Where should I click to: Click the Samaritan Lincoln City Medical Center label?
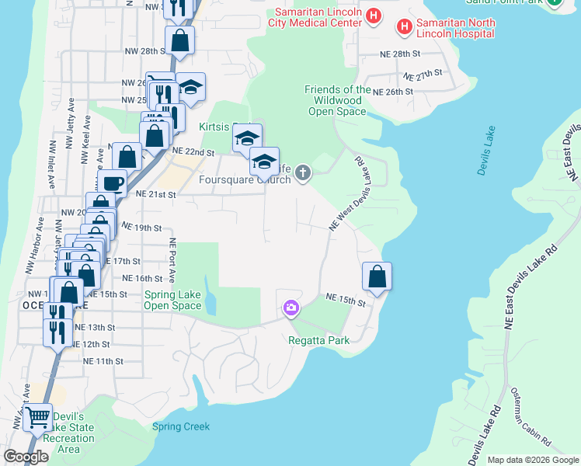(x=315, y=17)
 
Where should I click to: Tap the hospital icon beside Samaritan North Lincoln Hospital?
(x=405, y=28)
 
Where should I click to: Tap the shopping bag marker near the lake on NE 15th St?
(x=377, y=276)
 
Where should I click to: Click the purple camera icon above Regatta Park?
(x=290, y=308)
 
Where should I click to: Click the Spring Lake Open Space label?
(x=172, y=300)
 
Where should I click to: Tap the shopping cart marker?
(x=37, y=418)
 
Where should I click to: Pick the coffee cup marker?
(x=113, y=183)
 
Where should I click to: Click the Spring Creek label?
(x=181, y=426)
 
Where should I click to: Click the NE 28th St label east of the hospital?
(x=400, y=54)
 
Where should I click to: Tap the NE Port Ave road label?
(x=172, y=260)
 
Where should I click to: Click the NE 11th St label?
(x=103, y=361)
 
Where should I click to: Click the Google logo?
(x=26, y=457)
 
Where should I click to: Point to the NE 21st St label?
(x=155, y=194)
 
